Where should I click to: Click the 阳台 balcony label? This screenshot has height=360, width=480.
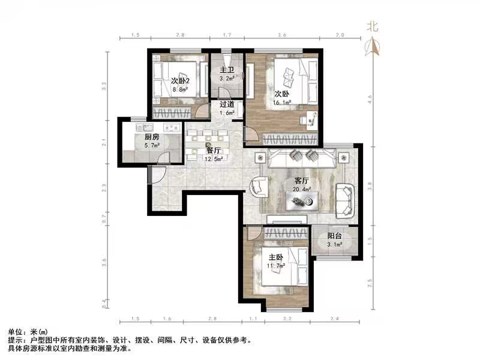[334, 236]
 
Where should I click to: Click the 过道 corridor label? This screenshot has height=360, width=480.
[226, 104]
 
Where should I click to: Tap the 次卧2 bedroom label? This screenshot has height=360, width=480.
[180, 81]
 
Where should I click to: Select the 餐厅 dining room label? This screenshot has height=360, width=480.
[214, 152]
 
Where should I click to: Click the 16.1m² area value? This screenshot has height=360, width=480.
[283, 103]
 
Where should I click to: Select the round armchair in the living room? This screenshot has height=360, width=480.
[261, 187]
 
